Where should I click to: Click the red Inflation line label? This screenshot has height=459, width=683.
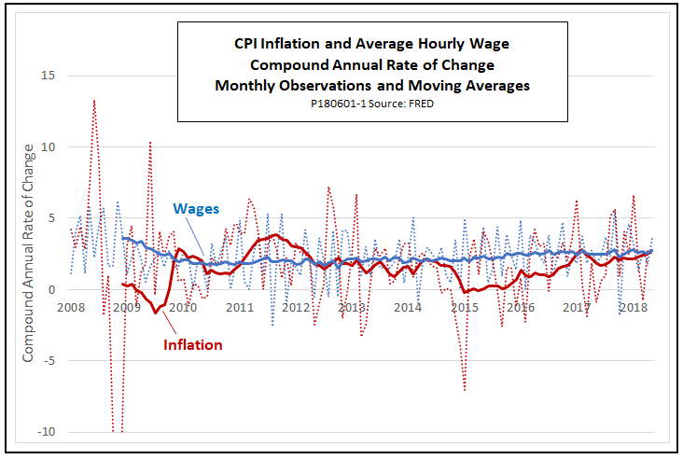click(193, 345)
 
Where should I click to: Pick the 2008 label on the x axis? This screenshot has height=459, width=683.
click(71, 307)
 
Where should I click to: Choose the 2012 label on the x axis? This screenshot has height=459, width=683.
click(296, 307)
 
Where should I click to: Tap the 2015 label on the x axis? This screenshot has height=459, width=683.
click(464, 307)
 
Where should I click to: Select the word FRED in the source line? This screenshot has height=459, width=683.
click(420, 104)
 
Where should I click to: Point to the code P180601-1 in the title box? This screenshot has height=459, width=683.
click(340, 104)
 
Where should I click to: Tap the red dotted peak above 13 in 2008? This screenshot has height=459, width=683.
click(94, 100)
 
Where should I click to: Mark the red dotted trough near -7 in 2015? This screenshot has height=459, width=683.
click(465, 389)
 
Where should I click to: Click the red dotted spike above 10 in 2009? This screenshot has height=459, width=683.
click(150, 142)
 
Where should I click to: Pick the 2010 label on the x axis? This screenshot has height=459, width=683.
click(183, 307)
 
